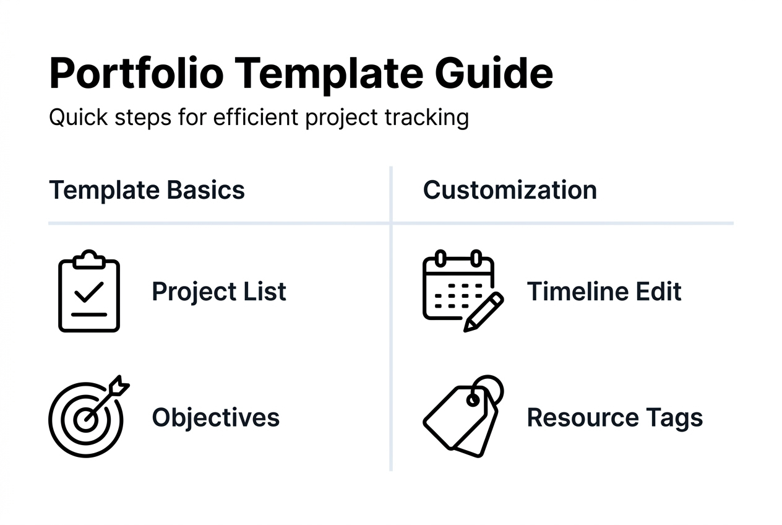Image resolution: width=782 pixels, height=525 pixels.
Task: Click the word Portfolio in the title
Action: pos(136,74)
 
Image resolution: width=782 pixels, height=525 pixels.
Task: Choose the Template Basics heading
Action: pos(147,189)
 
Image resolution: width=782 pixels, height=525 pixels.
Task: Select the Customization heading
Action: pos(510,189)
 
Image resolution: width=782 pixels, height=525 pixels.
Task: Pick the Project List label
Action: pos(219,292)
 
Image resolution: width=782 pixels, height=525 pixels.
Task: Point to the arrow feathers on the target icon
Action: pos(119,387)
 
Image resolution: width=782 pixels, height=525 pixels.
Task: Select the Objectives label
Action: pos(215,417)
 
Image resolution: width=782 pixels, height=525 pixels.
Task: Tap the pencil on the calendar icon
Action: pos(483,312)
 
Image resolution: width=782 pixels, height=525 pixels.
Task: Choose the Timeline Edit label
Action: pos(604,292)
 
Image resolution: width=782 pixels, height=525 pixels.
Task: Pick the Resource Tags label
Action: pos(614,418)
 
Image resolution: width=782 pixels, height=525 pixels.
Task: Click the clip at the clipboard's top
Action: pos(88,258)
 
